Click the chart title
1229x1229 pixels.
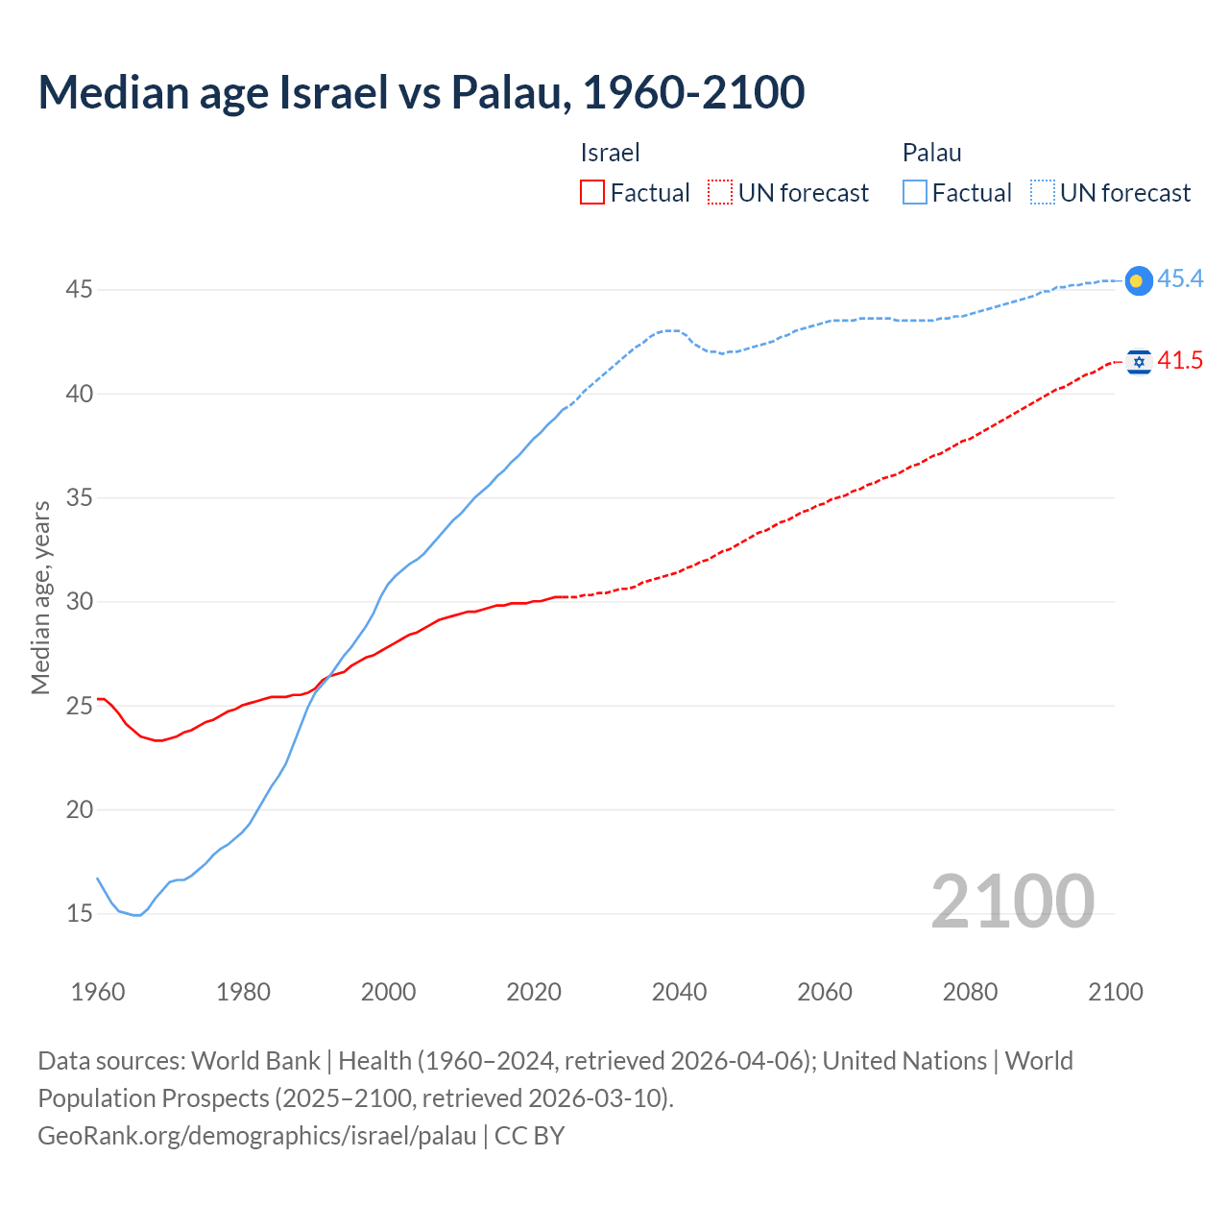point(422,92)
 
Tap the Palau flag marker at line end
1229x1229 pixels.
point(1138,280)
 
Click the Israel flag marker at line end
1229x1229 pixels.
point(1139,361)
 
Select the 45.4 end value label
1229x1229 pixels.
point(1180,278)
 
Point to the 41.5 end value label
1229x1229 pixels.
point(1180,360)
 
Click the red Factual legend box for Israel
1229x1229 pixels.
point(592,193)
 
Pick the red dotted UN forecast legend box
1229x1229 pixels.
point(720,193)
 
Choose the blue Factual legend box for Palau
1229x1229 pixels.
point(915,193)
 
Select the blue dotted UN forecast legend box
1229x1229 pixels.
point(1043,193)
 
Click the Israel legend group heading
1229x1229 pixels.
point(610,153)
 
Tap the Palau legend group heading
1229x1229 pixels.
point(931,153)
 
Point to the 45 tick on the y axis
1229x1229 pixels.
point(79,289)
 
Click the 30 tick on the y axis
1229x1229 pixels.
point(79,601)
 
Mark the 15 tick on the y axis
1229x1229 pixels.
point(79,913)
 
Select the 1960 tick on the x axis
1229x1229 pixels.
point(98,992)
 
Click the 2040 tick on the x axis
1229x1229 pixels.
point(679,992)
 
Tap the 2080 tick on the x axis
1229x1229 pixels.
point(970,992)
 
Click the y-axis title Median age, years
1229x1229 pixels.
point(40,597)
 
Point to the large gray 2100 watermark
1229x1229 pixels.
point(1013,902)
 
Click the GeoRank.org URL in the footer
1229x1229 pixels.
point(257,1136)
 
